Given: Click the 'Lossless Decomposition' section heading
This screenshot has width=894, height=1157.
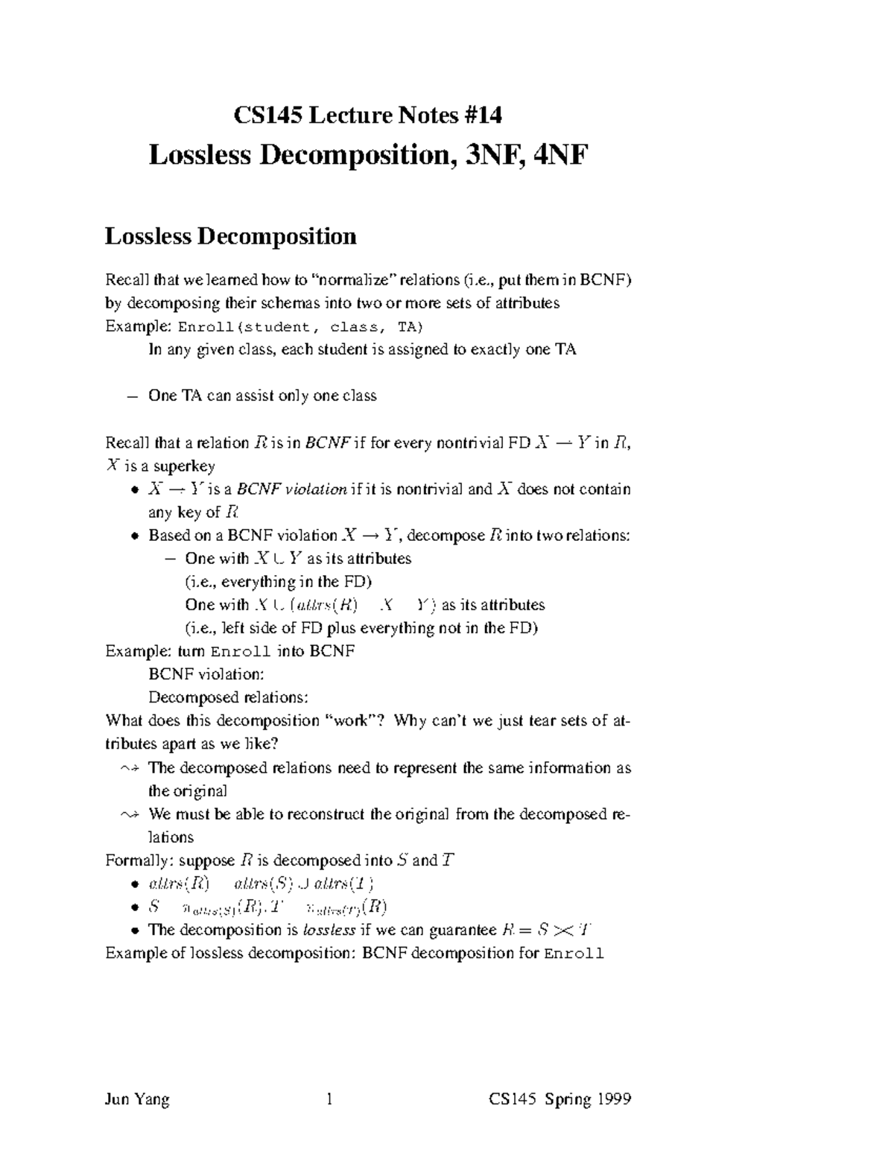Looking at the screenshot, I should coord(230,236).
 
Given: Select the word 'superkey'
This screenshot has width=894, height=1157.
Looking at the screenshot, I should coord(184,466).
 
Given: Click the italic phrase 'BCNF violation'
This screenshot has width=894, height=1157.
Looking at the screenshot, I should coord(291,489).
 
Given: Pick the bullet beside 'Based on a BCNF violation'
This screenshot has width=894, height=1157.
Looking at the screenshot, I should coord(133,536).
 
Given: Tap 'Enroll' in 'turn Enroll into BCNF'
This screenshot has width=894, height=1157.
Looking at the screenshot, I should coord(241,652).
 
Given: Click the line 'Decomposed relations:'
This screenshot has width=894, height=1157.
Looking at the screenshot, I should coord(228,698).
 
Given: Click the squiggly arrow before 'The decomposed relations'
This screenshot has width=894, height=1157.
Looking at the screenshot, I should coord(130,768).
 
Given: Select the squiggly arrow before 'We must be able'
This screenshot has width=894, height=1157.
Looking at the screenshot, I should coord(130,815).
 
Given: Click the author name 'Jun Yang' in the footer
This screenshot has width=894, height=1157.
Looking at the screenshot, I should coord(137,1099).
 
